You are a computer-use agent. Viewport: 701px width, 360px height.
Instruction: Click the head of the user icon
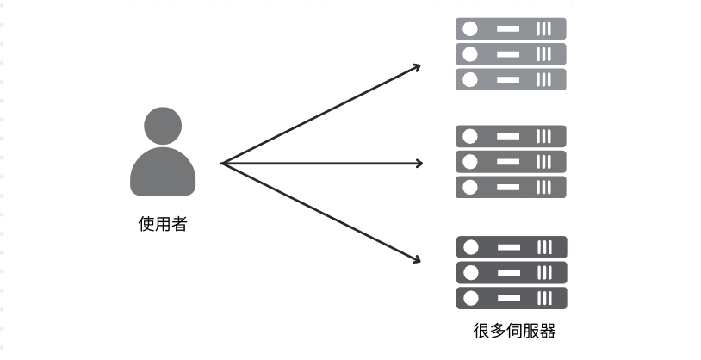click(x=162, y=125)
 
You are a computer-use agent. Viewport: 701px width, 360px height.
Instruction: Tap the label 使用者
click(x=162, y=225)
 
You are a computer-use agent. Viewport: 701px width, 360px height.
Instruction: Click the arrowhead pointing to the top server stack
click(x=417, y=66)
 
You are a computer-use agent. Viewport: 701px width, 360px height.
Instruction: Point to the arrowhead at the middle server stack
click(x=419, y=163)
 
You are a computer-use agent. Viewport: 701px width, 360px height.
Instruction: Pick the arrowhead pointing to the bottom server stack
click(x=417, y=259)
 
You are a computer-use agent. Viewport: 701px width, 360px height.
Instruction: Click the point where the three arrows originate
click(x=222, y=163)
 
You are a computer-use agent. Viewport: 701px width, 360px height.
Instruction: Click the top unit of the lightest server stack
click(x=510, y=28)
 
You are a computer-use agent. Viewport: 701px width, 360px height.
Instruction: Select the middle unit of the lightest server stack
click(x=510, y=54)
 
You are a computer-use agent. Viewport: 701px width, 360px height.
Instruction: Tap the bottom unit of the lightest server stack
click(x=510, y=79)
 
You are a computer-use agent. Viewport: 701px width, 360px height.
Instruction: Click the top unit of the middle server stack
click(x=510, y=136)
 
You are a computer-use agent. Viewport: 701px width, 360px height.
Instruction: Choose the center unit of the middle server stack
click(x=510, y=162)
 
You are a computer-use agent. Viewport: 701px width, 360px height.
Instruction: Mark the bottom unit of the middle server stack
click(x=510, y=187)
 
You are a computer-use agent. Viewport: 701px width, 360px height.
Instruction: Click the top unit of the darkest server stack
click(x=510, y=247)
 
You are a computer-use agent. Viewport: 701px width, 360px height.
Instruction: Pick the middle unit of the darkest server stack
click(x=510, y=273)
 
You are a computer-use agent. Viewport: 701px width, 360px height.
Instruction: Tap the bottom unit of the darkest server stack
click(x=510, y=298)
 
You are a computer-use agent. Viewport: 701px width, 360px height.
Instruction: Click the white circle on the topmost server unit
click(x=470, y=28)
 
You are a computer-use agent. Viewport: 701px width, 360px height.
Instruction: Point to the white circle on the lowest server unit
click(x=470, y=298)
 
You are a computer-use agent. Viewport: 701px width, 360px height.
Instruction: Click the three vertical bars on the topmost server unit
click(x=544, y=28)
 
